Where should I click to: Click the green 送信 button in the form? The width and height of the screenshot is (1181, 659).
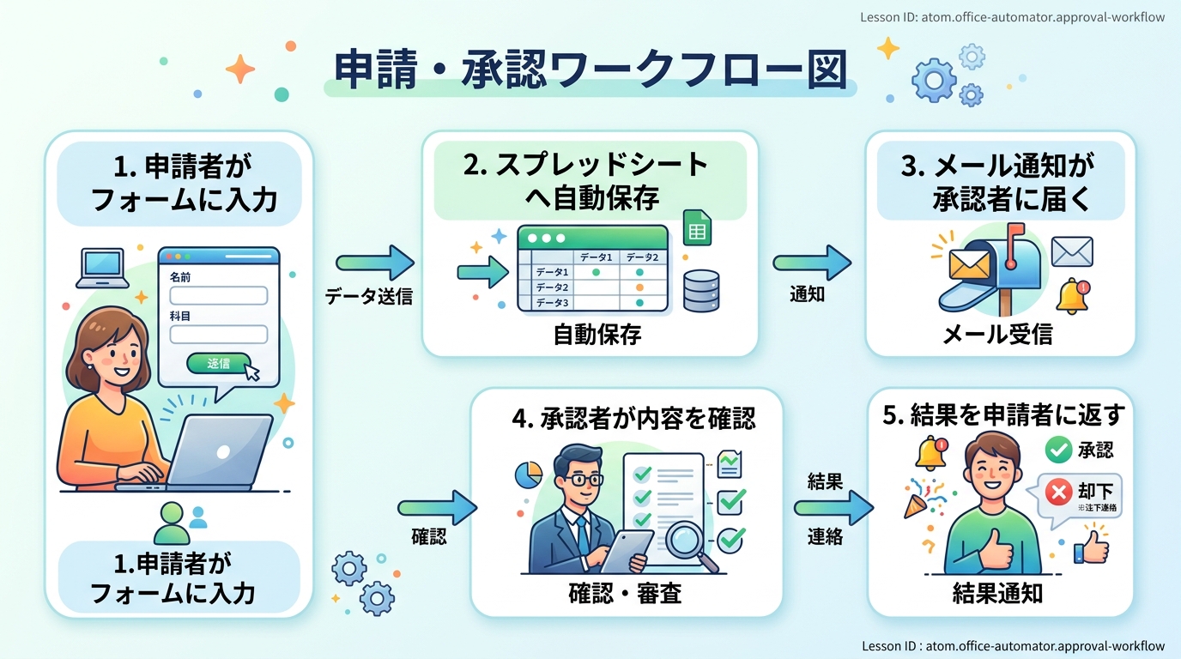tap(219, 363)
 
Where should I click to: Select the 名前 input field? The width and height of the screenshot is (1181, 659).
tap(219, 296)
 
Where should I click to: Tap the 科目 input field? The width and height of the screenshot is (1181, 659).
tap(219, 334)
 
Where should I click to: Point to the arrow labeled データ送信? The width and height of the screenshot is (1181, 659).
tap(374, 263)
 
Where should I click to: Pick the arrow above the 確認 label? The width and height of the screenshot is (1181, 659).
tap(436, 508)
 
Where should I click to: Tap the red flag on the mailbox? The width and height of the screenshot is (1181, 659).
tap(1016, 233)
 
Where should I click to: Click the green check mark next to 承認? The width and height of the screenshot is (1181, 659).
tap(1058, 448)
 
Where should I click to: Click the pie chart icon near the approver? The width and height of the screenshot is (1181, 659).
tap(528, 475)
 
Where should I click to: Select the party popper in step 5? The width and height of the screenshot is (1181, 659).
tap(917, 502)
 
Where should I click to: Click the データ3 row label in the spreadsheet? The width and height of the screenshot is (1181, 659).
tap(552, 303)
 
